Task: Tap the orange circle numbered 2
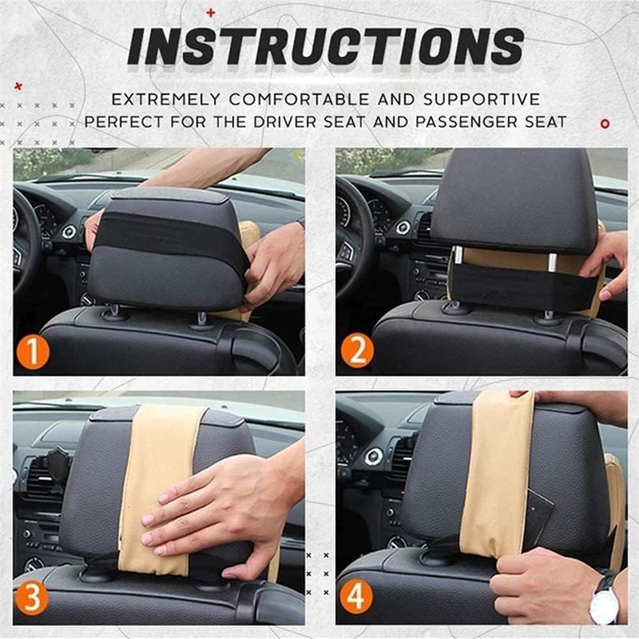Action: tap(355, 352)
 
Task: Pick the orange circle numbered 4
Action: tap(355, 598)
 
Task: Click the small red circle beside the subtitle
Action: tap(605, 123)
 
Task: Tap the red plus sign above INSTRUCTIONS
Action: tap(211, 12)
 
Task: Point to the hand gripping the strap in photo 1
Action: tap(272, 260)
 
